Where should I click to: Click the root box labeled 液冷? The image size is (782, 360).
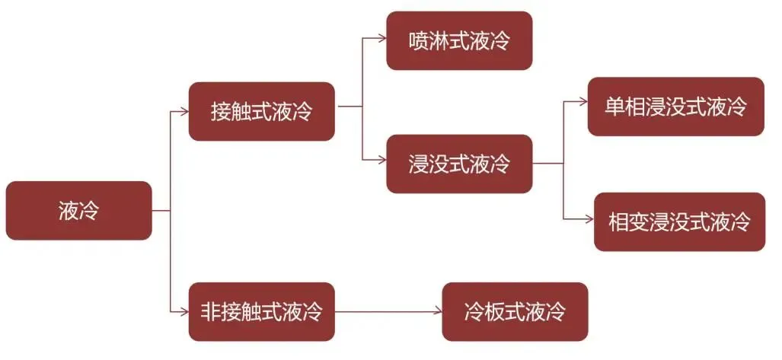[x=78, y=210]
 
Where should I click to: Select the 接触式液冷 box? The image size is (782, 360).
[x=261, y=111]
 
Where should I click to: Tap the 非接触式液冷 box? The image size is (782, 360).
[x=261, y=311]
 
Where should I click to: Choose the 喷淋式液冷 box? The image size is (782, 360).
[x=458, y=40]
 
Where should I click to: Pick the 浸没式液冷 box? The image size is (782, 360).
[x=458, y=164]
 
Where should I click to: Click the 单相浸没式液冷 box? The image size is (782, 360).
[x=675, y=107]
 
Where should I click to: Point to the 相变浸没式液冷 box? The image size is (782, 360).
[x=679, y=221]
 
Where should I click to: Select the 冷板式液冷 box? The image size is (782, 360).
[x=515, y=311]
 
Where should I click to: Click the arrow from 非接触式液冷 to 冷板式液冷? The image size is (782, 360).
[x=388, y=311]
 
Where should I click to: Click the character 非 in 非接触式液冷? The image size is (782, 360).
[x=211, y=311]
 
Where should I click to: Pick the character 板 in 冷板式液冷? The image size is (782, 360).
[x=495, y=311]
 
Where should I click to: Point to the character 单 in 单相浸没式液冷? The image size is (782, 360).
[x=615, y=107]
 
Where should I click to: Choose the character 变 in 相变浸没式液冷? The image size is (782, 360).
[x=639, y=222]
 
